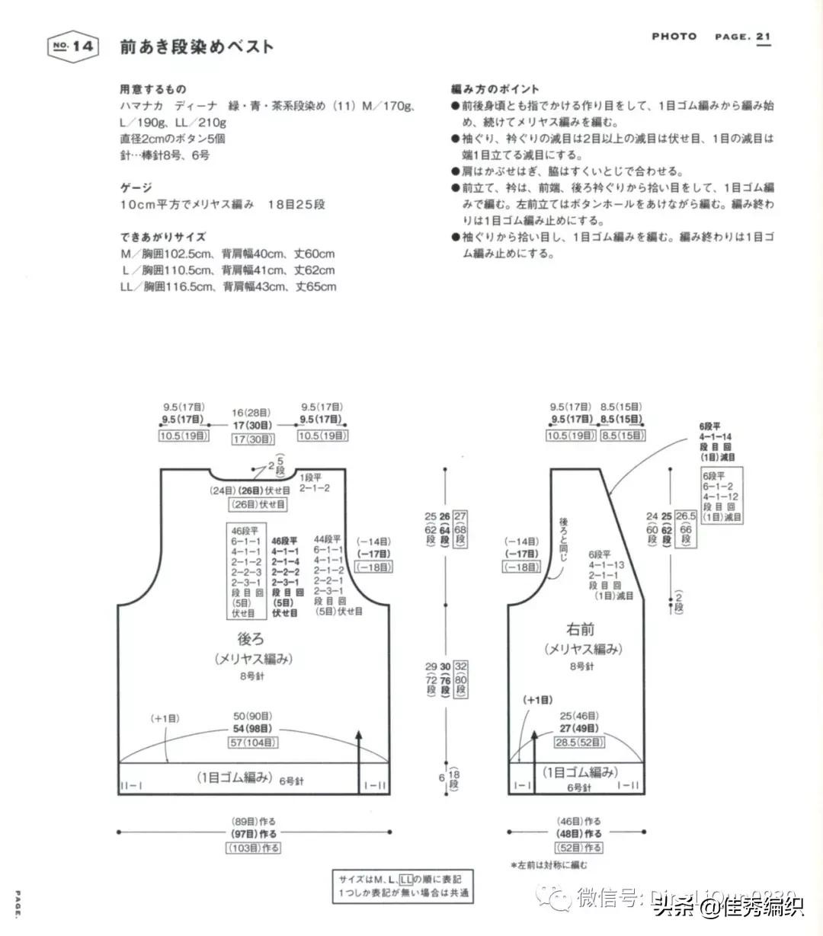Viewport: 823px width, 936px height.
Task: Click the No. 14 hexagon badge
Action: coord(73,46)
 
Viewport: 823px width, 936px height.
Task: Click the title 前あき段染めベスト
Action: coord(197,46)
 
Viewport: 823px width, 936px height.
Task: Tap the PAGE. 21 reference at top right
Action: coord(742,37)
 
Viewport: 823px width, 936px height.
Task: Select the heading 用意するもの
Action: coord(153,89)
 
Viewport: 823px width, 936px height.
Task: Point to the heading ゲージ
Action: coord(136,187)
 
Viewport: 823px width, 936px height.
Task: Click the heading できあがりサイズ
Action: coord(162,237)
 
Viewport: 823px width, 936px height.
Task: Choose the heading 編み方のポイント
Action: coord(495,89)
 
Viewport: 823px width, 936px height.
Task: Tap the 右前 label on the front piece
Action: coord(580,630)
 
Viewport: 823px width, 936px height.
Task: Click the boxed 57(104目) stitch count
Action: coord(254,743)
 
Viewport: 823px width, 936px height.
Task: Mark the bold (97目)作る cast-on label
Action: coord(254,834)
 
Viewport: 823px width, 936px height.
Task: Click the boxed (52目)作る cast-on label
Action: coord(577,847)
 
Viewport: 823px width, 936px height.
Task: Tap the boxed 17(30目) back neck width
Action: coord(253,439)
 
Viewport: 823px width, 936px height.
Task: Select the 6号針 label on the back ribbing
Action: coord(291,781)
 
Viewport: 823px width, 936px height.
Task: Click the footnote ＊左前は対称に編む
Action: coord(549,864)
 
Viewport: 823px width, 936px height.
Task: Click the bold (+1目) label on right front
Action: coord(537,699)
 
